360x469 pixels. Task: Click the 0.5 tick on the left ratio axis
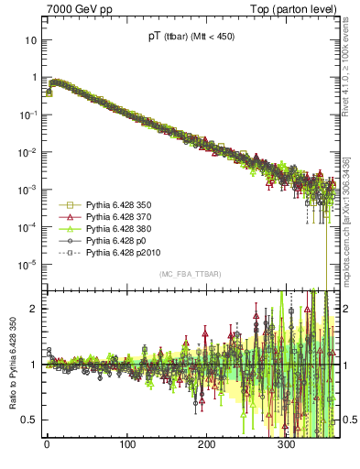[x=28, y=420]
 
